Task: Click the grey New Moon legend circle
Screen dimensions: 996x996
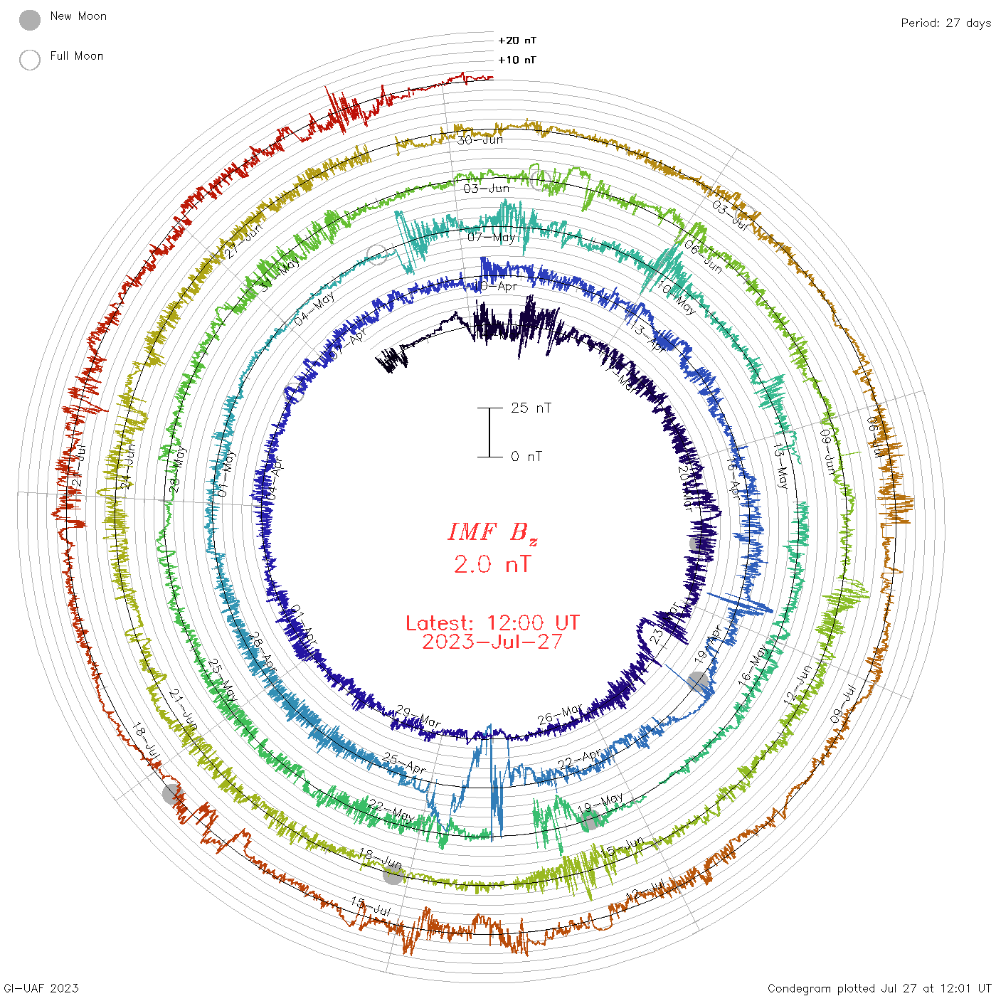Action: [30, 21]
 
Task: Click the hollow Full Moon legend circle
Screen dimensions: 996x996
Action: [30, 60]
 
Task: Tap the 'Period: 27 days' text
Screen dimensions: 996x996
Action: [945, 23]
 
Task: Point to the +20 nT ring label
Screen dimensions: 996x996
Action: [517, 41]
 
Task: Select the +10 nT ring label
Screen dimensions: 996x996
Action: [517, 60]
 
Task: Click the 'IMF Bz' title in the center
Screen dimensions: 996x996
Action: [492, 532]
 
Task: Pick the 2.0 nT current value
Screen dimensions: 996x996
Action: [492, 564]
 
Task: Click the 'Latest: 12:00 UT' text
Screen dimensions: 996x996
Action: [492, 623]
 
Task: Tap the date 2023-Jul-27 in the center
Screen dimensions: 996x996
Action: [492, 642]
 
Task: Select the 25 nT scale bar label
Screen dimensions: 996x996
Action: [531, 408]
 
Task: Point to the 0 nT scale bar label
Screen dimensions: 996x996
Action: [526, 457]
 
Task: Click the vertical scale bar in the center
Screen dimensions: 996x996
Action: [489, 433]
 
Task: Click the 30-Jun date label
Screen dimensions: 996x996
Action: [480, 140]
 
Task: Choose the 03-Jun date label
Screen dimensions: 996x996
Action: [487, 189]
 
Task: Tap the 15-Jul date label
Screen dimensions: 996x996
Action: [371, 906]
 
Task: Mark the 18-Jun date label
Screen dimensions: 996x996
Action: [380, 859]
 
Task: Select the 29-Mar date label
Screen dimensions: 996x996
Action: [418, 716]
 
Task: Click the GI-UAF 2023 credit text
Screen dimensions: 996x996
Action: [41, 988]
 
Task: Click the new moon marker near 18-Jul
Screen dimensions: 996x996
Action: [173, 793]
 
